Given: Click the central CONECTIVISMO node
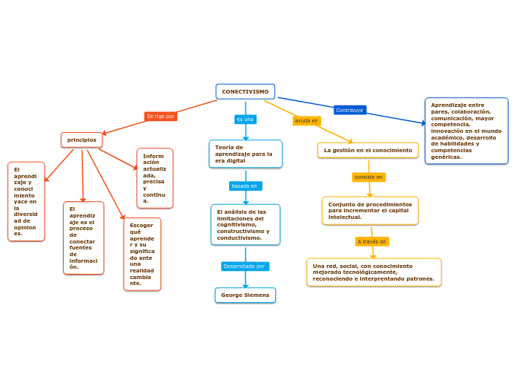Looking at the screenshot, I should tap(245, 91).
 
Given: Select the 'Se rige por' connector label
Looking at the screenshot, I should tap(160, 117).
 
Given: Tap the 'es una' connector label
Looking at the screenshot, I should tap(245, 120).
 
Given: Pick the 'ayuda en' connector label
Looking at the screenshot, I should tap(306, 120).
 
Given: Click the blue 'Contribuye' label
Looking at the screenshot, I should tap(350, 110).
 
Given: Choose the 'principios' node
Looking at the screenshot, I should tap(82, 140).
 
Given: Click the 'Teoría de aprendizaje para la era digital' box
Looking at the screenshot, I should tap(245, 154).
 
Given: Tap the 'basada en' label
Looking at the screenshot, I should tap(245, 186).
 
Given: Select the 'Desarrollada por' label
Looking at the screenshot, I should tap(245, 266).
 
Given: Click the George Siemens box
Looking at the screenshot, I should tap(245, 295).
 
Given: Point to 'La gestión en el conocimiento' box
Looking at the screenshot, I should tap(368, 151).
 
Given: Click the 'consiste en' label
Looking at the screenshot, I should tap(368, 177).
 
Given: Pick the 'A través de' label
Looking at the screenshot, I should tap(371, 241).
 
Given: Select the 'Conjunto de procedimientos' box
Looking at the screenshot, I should tap(370, 210).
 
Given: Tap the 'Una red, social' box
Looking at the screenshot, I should tap(374, 272).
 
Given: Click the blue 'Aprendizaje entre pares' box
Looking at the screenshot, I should tap(466, 131).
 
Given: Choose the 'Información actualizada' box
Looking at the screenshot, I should tap(154, 178).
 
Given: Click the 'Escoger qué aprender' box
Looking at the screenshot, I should tap(142, 254).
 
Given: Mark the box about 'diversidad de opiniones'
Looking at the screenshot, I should tap(26, 201).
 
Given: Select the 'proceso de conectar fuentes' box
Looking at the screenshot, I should tap(83, 238).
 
